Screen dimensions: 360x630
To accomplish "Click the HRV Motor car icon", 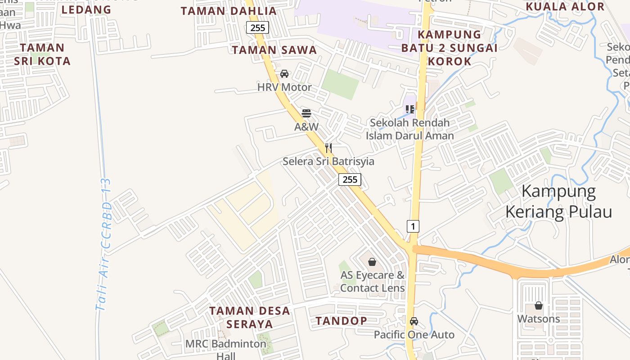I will (x=284, y=74).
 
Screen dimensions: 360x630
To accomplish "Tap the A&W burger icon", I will (x=306, y=113).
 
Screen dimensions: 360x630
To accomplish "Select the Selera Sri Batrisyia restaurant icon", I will (x=328, y=148).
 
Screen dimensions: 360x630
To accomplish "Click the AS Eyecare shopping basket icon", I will (x=372, y=262).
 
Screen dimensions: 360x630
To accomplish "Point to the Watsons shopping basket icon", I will (x=539, y=306).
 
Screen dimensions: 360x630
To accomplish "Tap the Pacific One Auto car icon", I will (x=414, y=321).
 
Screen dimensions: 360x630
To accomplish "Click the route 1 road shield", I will (x=413, y=226).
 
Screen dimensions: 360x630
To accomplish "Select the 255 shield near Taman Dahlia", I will (x=258, y=27).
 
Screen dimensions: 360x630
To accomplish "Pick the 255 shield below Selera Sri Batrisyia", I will (x=350, y=180).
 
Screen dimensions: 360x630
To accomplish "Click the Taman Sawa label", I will (x=274, y=50).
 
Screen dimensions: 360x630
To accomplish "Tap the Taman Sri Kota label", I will (x=42, y=54).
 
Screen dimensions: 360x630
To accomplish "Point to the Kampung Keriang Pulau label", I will (x=559, y=202).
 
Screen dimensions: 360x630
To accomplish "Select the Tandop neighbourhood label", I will (x=341, y=321).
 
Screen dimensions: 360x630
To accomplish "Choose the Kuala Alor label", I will (x=565, y=7).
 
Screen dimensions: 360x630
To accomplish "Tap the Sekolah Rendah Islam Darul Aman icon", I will (x=409, y=109).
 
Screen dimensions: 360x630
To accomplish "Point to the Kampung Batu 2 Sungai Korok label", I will (x=449, y=48).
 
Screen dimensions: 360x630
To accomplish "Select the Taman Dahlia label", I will (x=229, y=11).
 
